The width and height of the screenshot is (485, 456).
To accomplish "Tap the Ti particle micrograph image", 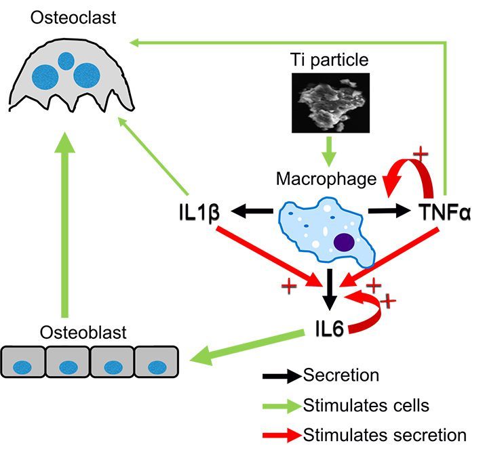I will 329,102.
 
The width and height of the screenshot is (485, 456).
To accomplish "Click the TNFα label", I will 445,213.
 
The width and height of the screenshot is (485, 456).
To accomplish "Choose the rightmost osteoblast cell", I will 157,364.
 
